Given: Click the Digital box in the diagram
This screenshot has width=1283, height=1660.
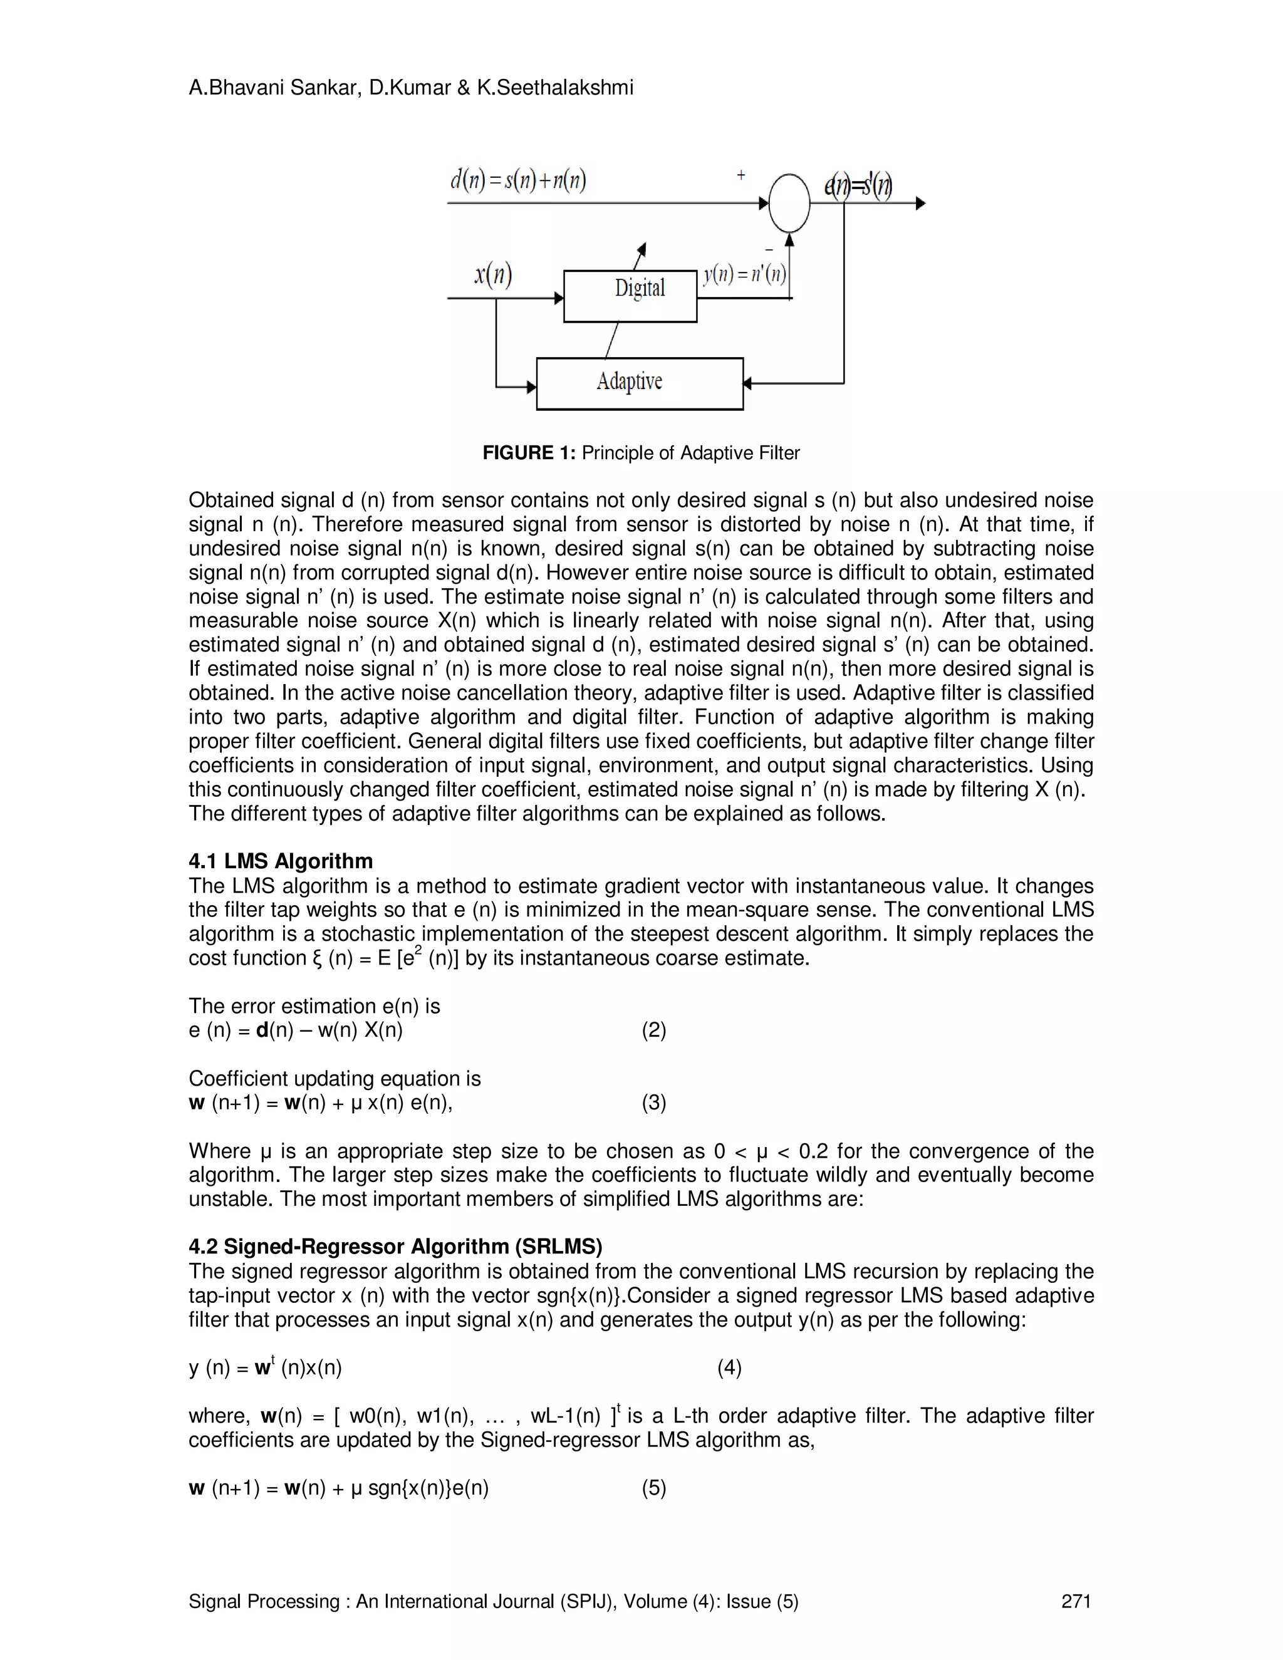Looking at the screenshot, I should [x=630, y=296].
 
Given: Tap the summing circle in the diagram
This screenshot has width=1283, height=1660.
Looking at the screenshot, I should [x=789, y=203].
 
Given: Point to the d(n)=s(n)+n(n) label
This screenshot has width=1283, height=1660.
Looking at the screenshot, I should [x=517, y=181].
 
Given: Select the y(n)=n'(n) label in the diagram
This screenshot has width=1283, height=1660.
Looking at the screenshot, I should [x=744, y=274].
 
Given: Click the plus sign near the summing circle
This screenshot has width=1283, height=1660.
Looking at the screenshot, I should [x=741, y=175].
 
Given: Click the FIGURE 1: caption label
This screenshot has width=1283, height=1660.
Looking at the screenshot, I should [x=529, y=453].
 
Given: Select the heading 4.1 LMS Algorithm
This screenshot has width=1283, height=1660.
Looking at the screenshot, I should [x=281, y=861].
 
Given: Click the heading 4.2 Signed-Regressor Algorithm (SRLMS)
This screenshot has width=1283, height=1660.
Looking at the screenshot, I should [x=395, y=1247].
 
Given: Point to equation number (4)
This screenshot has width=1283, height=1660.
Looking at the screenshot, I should [x=729, y=1367].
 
